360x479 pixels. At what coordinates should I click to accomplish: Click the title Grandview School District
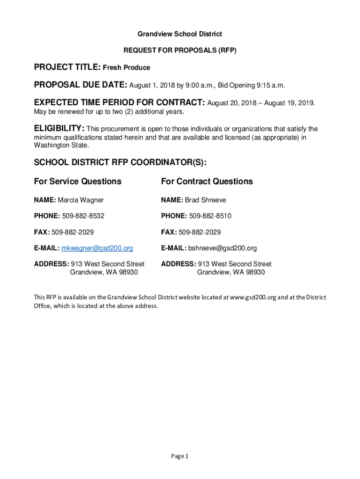pyautogui.click(x=180, y=34)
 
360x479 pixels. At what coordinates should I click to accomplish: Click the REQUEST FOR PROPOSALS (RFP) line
pyautogui.click(x=180, y=50)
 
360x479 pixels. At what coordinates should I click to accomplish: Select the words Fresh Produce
pyautogui.click(x=126, y=68)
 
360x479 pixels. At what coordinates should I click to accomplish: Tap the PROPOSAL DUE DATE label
pyautogui.click(x=80, y=85)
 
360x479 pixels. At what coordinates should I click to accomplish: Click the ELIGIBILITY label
pyautogui.click(x=59, y=129)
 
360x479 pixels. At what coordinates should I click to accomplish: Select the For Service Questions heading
pyautogui.click(x=78, y=181)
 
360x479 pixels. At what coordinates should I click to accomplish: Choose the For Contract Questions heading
pyautogui.click(x=207, y=181)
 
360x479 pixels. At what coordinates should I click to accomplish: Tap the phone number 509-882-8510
pyautogui.click(x=210, y=216)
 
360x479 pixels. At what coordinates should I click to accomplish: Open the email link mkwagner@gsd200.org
pyautogui.click(x=97, y=248)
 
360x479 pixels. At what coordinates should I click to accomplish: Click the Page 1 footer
pyautogui.click(x=180, y=457)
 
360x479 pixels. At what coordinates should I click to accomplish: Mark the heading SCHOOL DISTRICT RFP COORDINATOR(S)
pyautogui.click(x=120, y=162)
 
